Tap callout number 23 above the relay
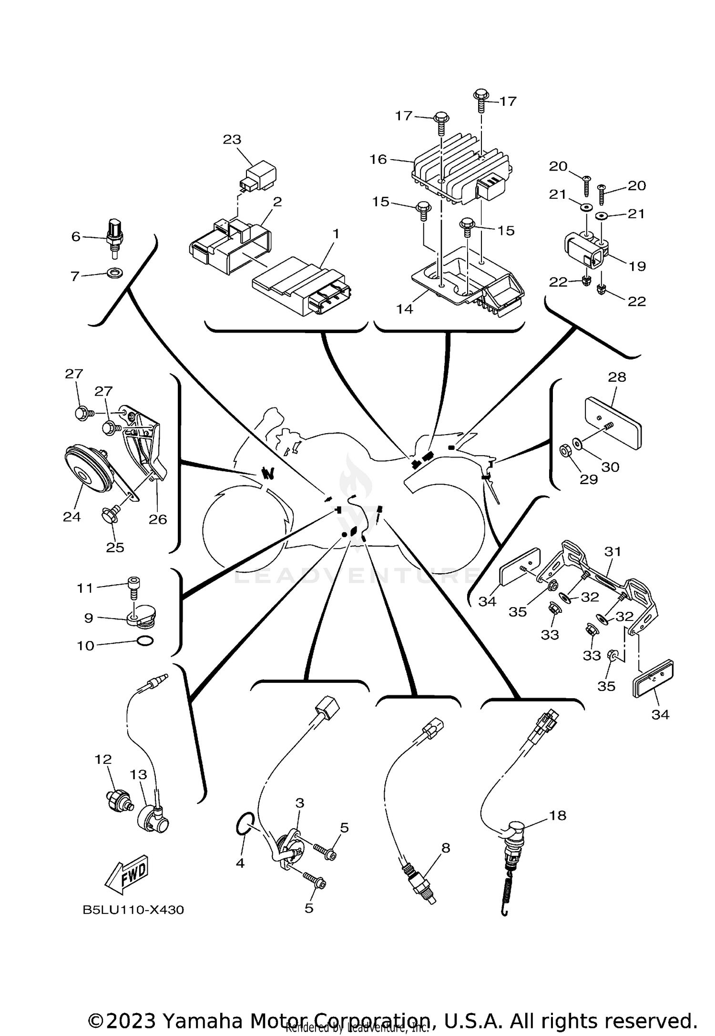232,140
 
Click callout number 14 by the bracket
404,309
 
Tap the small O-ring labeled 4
244,829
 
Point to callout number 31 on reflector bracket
613,551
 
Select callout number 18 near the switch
558,815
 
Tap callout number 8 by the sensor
446,848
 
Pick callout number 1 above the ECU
336,234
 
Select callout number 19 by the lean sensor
637,266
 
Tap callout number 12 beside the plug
103,759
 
